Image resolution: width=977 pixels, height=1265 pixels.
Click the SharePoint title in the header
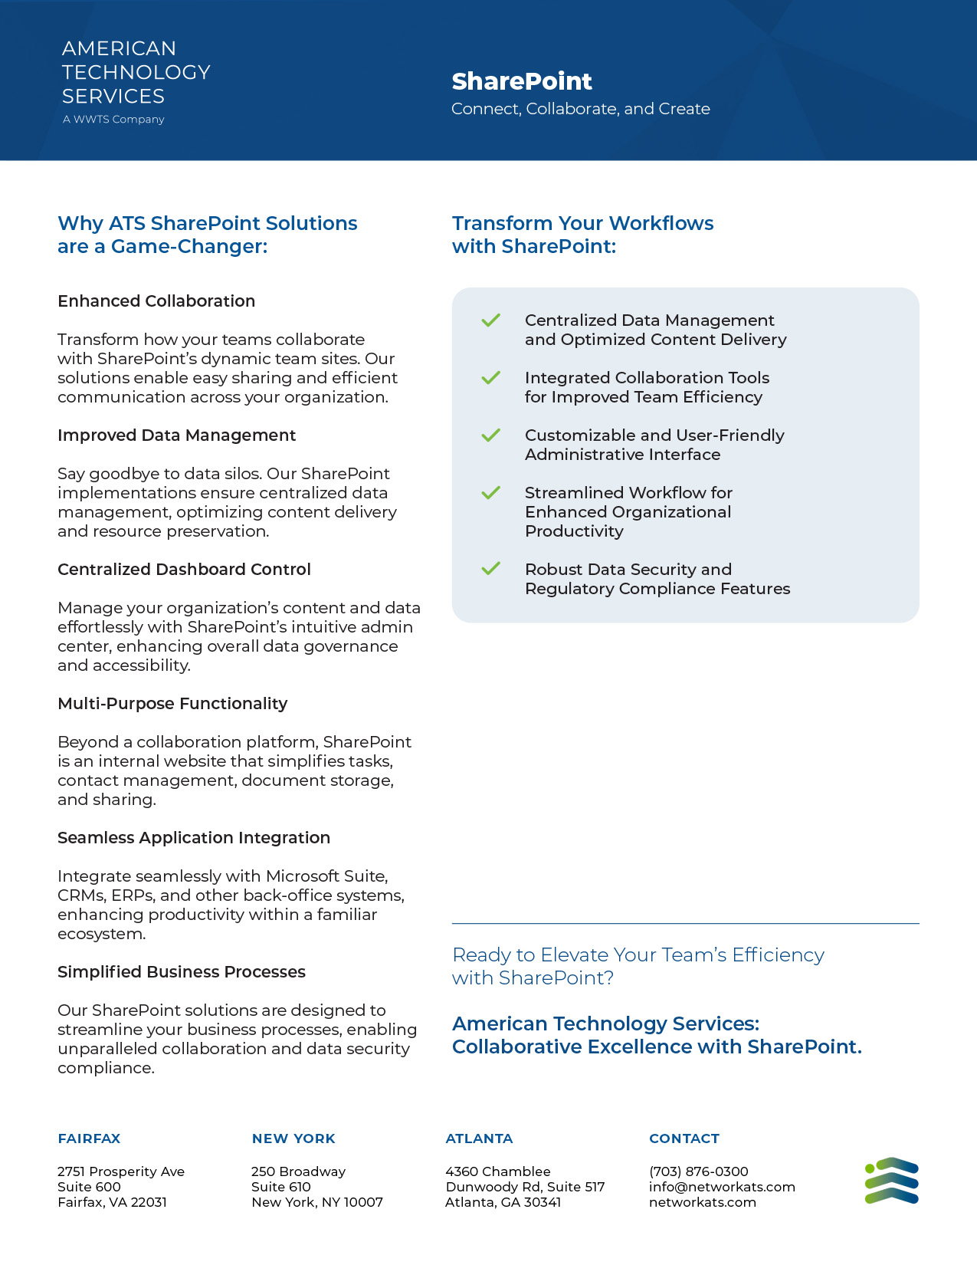(x=522, y=81)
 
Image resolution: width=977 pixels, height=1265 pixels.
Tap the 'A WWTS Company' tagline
(x=113, y=120)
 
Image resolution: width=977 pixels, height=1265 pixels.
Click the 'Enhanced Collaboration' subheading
(x=156, y=301)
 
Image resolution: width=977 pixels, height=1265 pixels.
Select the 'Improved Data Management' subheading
(x=176, y=435)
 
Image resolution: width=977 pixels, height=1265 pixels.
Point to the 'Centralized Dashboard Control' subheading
(x=184, y=570)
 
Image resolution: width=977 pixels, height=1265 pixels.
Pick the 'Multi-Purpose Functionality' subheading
(x=172, y=704)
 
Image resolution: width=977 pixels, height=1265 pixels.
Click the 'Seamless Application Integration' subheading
(x=194, y=838)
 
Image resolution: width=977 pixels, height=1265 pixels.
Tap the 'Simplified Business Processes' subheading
(x=182, y=972)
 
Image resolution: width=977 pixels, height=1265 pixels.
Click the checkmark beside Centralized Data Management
(x=490, y=320)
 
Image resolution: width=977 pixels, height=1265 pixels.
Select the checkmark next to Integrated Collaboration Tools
(x=490, y=378)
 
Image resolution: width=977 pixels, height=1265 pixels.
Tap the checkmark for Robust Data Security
(x=490, y=569)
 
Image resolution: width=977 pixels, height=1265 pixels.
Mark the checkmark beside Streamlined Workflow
(x=490, y=493)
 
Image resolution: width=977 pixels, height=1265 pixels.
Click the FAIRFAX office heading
(x=89, y=1138)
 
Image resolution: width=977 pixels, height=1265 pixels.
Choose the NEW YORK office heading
(x=293, y=1138)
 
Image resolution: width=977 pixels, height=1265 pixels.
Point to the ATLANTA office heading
(x=479, y=1138)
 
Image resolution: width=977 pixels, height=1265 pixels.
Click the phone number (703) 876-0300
(x=698, y=1171)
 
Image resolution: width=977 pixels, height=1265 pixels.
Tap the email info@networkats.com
(x=722, y=1187)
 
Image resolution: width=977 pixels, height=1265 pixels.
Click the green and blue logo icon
(x=891, y=1181)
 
